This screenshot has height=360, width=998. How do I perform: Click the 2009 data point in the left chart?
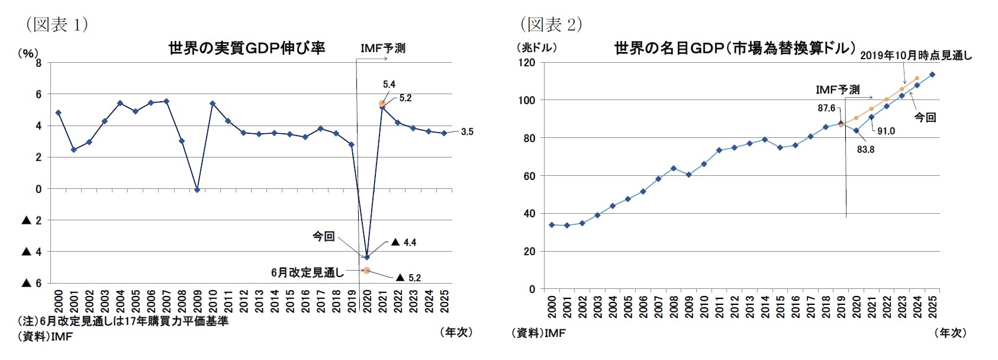197,189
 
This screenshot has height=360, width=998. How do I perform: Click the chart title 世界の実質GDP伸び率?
247,48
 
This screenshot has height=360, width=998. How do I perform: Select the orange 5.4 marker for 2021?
382,103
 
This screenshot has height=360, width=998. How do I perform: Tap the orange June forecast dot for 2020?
367,271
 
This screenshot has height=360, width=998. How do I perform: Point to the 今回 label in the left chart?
324,236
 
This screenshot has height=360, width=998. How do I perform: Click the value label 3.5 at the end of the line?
467,132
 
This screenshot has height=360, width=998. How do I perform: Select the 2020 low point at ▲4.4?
367,257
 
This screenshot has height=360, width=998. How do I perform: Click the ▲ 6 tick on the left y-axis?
32,283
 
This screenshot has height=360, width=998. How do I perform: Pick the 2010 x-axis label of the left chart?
213,301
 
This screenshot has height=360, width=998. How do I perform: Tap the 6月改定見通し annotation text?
307,272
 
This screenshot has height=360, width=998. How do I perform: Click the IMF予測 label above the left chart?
383,48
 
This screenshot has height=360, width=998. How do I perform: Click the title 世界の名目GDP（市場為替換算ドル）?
735,48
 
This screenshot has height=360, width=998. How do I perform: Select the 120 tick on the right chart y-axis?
526,63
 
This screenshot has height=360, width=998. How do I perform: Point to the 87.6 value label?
826,108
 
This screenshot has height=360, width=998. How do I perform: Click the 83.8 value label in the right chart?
865,149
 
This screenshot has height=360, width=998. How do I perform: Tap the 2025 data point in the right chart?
932,75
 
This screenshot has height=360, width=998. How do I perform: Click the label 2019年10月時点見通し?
916,55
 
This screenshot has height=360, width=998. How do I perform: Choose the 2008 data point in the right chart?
673,168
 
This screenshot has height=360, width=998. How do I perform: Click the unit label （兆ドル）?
536,48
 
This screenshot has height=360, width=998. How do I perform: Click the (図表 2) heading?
551,24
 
